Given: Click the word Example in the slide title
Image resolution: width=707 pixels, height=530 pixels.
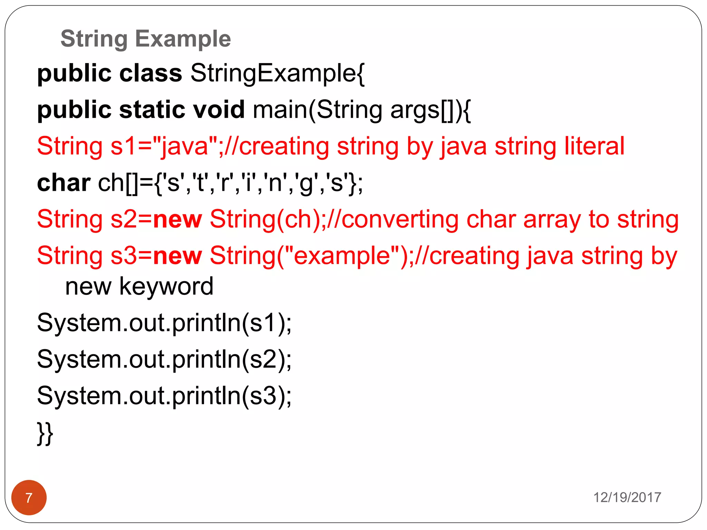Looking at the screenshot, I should [x=183, y=39].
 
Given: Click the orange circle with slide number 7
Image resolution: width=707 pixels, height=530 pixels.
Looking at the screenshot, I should [x=29, y=498].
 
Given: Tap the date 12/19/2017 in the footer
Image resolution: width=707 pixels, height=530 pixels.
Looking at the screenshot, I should [x=627, y=498].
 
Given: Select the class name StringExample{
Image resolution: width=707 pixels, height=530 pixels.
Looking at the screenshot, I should [x=277, y=73].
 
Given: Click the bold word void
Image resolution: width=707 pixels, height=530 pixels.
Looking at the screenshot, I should [x=219, y=110].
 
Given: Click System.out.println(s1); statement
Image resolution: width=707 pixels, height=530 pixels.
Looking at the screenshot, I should [x=164, y=323].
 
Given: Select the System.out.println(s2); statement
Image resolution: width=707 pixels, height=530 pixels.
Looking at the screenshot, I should [x=164, y=360].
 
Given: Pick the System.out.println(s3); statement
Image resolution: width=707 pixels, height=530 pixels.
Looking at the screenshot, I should [x=164, y=396].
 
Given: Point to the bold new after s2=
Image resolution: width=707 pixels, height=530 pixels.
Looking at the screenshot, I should [x=177, y=219].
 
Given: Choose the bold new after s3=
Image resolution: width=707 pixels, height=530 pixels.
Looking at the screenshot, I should [x=177, y=256].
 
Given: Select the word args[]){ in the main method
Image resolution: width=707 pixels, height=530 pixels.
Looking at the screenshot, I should [x=430, y=110].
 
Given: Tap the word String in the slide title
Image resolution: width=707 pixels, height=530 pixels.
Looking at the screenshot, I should [x=94, y=39].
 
